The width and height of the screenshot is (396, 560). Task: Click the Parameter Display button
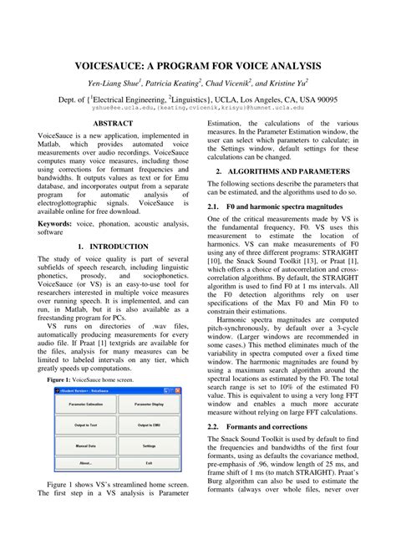point(148,404)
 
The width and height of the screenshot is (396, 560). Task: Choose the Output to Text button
point(86,424)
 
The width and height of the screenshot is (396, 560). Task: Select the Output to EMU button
point(148,424)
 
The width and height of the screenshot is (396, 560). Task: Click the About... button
point(86,462)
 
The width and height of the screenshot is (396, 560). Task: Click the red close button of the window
point(176,389)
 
